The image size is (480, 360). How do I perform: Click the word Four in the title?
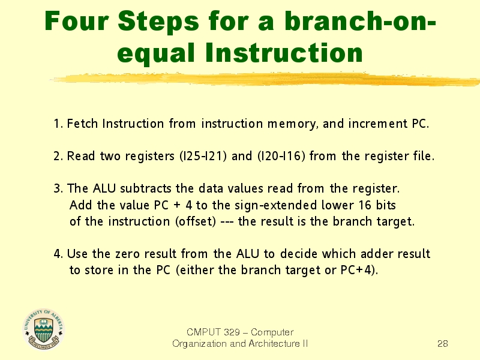pos(77,21)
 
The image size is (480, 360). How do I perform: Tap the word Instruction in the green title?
pos(284,52)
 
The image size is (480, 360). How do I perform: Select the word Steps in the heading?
pos(158,22)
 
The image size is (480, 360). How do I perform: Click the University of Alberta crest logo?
pos(44,329)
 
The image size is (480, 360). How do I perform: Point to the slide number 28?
pos(443,343)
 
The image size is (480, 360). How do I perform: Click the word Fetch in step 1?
pos(82,124)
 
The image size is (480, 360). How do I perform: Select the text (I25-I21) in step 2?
pos(203,156)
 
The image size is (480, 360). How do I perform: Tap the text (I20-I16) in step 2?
pos(281,156)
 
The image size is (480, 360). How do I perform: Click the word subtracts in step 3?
pos(146,188)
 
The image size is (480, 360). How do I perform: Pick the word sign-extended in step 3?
pos(276,205)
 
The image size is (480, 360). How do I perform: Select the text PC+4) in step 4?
pos(359,270)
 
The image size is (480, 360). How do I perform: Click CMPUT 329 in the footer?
pos(214,332)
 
